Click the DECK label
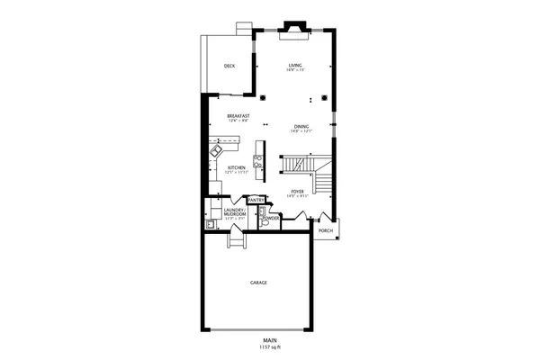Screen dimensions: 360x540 229,66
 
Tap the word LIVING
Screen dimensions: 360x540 295,65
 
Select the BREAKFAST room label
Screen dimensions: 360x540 238,116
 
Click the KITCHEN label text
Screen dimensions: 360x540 237,167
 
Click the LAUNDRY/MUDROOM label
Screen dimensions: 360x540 235,212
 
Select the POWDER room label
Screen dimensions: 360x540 270,218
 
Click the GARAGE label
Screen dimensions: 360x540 258,283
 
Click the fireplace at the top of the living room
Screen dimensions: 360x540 294,28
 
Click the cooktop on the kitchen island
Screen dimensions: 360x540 258,161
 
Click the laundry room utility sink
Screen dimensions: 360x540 210,224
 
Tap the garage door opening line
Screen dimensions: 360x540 258,330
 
